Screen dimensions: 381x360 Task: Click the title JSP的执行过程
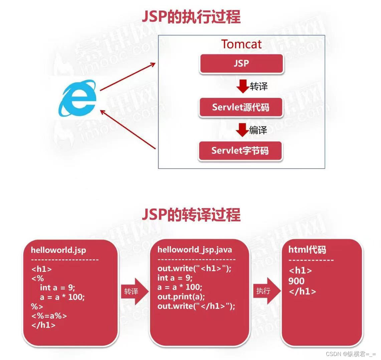coord(191,17)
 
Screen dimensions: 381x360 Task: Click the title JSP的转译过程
coord(191,214)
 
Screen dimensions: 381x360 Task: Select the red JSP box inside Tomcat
coord(241,63)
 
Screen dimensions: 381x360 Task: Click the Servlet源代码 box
coord(240,107)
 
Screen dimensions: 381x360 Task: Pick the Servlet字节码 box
coord(240,151)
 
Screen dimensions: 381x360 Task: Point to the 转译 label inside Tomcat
coord(259,86)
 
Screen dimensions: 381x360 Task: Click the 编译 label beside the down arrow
coord(258,130)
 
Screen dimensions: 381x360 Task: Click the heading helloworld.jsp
coord(58,250)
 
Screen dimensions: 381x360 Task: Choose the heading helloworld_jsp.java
coord(195,250)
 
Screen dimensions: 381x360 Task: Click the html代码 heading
coord(307,250)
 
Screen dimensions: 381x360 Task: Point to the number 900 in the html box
coord(297,281)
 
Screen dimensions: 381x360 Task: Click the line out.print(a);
coord(181,297)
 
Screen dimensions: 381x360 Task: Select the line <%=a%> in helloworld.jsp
coord(49,316)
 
